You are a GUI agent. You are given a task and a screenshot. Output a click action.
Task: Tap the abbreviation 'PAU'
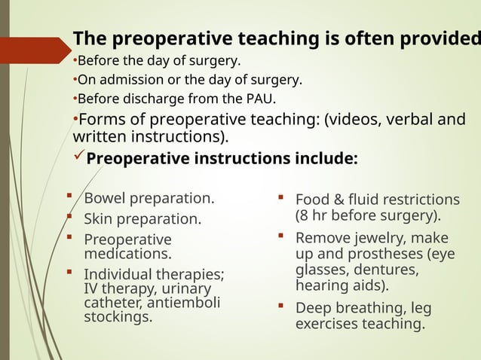(x=260, y=99)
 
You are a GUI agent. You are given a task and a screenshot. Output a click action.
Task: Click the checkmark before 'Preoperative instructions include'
(x=80, y=159)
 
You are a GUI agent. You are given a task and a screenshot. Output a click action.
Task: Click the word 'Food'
(x=312, y=200)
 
